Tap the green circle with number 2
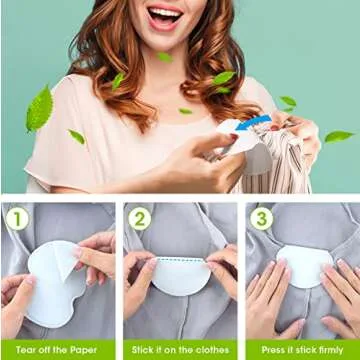139,216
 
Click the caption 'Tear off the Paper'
57,350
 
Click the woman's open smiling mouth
166,17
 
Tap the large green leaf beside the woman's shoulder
39,107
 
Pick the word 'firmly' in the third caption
328,350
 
